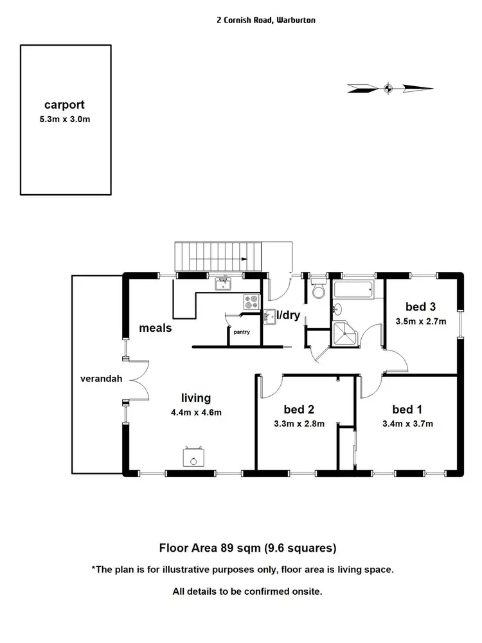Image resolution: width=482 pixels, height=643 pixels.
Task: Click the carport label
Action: (64, 105)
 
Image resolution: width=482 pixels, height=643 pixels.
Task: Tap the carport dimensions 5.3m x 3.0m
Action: (64, 120)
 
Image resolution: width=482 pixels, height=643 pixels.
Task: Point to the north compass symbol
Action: (388, 88)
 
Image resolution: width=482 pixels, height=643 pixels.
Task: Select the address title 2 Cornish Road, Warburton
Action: (265, 21)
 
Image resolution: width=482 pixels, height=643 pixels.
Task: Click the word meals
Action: (156, 328)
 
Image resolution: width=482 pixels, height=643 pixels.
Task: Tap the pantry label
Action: (242, 332)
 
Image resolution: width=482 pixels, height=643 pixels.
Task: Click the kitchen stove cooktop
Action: (250, 300)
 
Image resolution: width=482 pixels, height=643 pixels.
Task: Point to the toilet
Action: (319, 291)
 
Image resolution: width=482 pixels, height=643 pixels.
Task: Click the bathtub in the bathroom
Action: (353, 290)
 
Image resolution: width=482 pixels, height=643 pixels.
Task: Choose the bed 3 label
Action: (422, 306)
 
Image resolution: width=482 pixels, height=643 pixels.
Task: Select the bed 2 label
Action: (298, 409)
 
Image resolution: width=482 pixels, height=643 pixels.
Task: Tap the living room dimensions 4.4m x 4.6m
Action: (196, 413)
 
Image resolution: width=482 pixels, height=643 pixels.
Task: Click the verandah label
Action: (96, 378)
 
